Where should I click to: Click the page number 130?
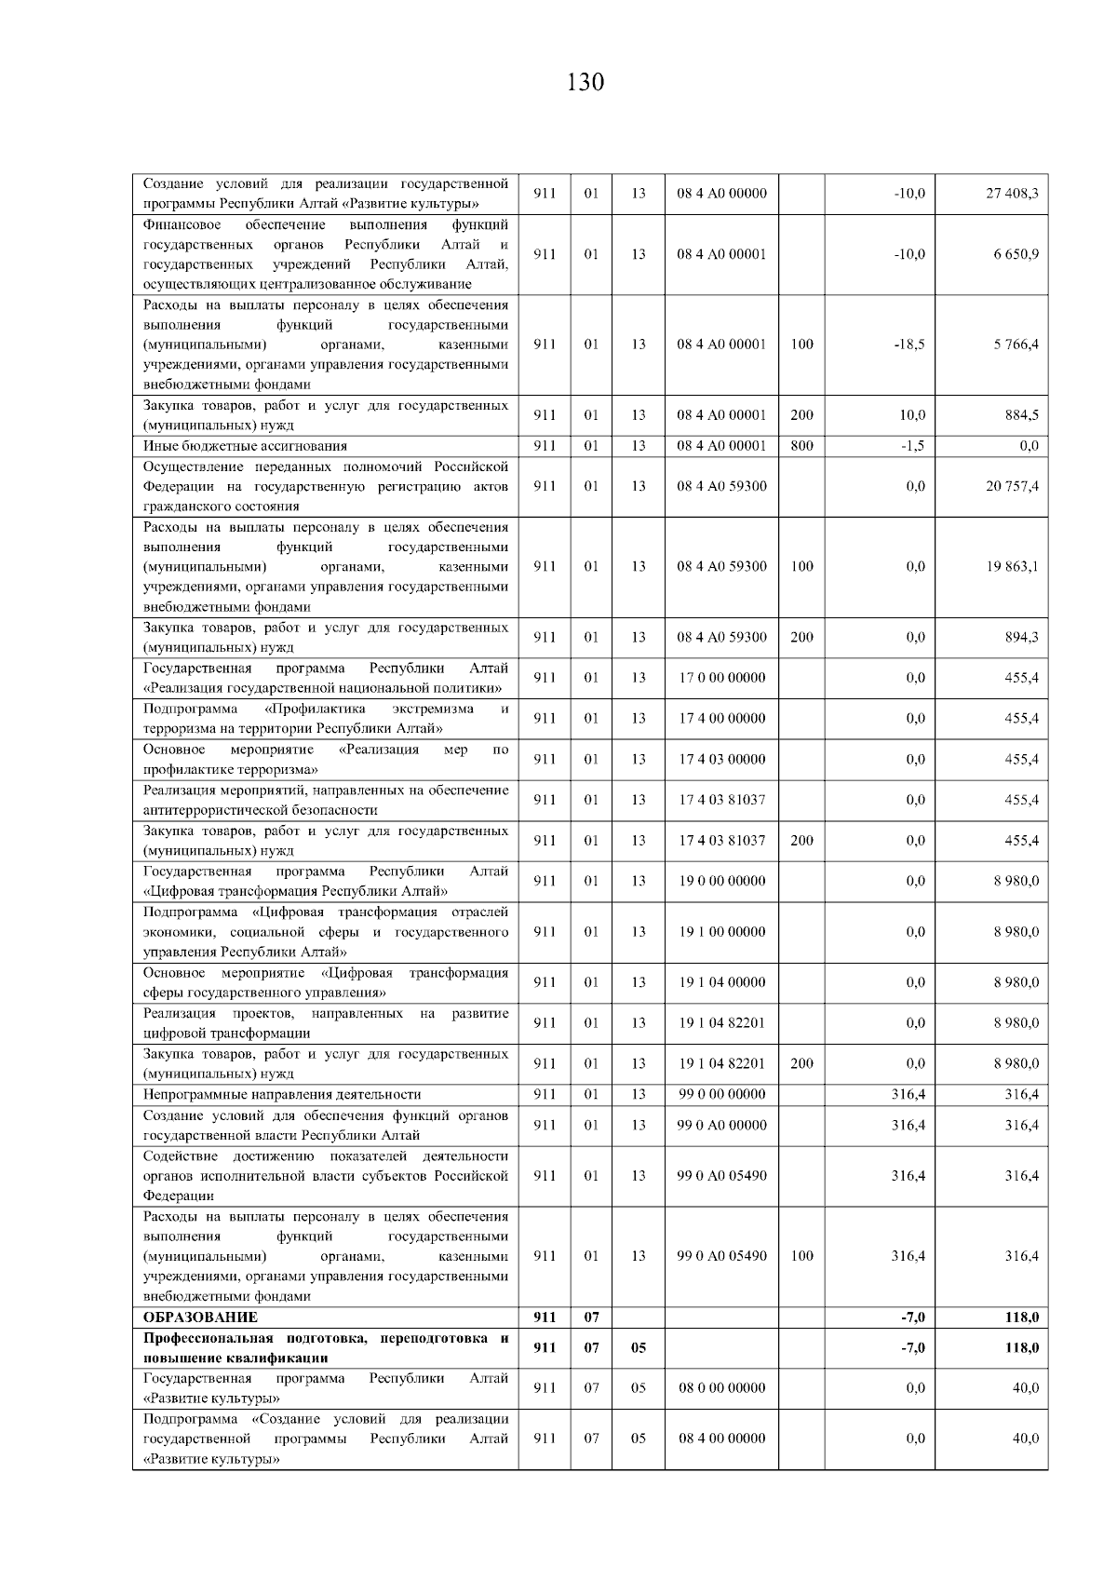[585, 82]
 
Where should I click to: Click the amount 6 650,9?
[1016, 254]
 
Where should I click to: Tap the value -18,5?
[908, 345]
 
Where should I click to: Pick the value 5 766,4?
[1016, 345]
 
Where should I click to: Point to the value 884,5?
[1022, 415]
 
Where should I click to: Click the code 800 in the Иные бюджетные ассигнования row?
[801, 446]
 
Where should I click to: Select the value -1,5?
[912, 446]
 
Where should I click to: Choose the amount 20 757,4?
[1012, 486]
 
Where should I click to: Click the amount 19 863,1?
[1012, 566]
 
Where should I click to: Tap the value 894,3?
[1022, 638]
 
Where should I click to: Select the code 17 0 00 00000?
[722, 678]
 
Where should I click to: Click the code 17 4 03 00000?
[722, 759]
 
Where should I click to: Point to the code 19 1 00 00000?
[722, 931]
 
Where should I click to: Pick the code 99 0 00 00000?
[722, 1094]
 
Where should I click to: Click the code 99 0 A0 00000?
[722, 1125]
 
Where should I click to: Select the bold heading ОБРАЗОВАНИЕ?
[200, 1317]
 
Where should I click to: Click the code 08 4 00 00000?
[722, 1439]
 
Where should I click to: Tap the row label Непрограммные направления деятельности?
[282, 1094]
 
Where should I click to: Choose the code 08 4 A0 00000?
[722, 194]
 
